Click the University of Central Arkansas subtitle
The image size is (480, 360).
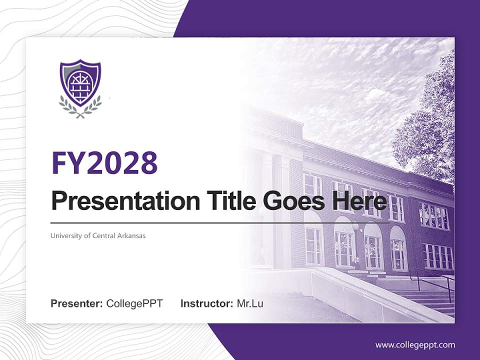[x=98, y=235]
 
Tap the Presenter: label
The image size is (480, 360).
[x=76, y=303]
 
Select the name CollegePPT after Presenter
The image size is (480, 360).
[x=134, y=303]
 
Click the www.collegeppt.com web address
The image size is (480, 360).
[x=415, y=345]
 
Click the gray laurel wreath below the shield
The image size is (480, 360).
[x=80, y=106]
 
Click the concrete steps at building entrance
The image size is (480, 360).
[x=425, y=300]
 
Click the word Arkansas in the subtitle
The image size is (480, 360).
[x=131, y=235]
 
